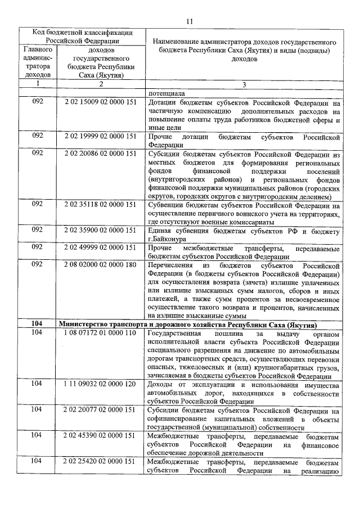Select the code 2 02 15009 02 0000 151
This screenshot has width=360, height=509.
pyautogui.click(x=100, y=103)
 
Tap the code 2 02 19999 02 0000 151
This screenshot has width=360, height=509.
pyautogui.click(x=100, y=136)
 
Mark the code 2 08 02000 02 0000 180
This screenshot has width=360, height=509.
pyautogui.click(x=100, y=263)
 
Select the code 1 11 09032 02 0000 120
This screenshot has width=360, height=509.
pyautogui.click(x=100, y=384)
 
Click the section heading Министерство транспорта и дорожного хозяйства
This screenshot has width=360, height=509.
pyautogui.click(x=188, y=324)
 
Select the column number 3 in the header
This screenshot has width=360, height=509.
pyautogui.click(x=244, y=84)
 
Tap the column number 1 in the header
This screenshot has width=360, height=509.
pyautogui.click(x=38, y=84)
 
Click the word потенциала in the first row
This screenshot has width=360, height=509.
pyautogui.click(x=166, y=94)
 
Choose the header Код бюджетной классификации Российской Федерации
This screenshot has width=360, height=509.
pyautogui.click(x=82, y=36)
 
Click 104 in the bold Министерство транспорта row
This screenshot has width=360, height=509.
pyautogui.click(x=38, y=324)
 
